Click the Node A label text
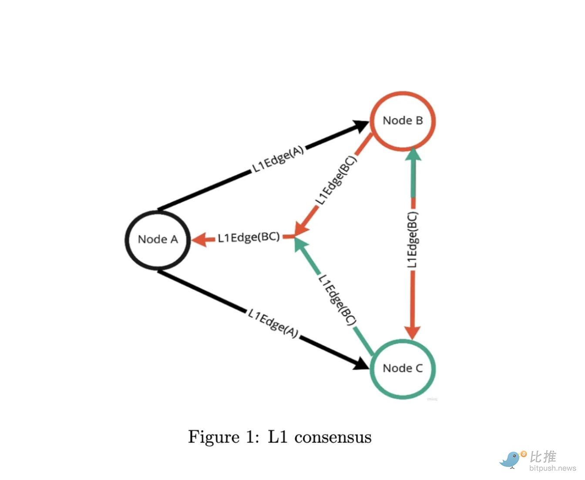(x=158, y=239)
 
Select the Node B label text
(x=403, y=120)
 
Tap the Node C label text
(x=403, y=368)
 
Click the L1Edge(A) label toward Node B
(x=278, y=159)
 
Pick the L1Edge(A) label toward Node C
(x=273, y=323)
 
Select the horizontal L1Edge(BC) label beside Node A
(x=249, y=237)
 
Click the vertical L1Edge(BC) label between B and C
(x=412, y=240)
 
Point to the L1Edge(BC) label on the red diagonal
(x=336, y=180)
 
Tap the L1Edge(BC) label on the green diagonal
(x=338, y=300)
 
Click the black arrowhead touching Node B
(x=361, y=126)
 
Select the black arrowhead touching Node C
(x=361, y=363)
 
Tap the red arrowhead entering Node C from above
(x=413, y=333)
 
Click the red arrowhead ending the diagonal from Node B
(x=301, y=228)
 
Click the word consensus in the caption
(x=333, y=437)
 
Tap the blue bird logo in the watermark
(x=510, y=459)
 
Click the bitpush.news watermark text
(x=552, y=468)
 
